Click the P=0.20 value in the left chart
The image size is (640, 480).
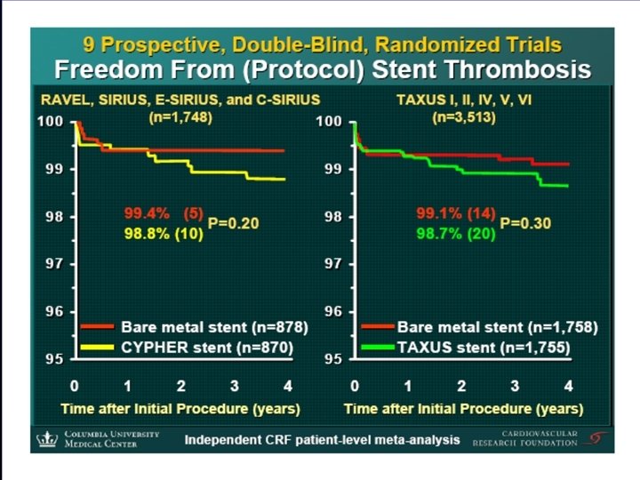233,223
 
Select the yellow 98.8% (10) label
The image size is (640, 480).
163,233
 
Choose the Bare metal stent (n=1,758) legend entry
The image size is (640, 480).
498,327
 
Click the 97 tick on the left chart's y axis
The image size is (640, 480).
53,264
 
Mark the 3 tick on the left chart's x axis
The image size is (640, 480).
234,387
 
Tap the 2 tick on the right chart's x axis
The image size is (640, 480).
461,387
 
